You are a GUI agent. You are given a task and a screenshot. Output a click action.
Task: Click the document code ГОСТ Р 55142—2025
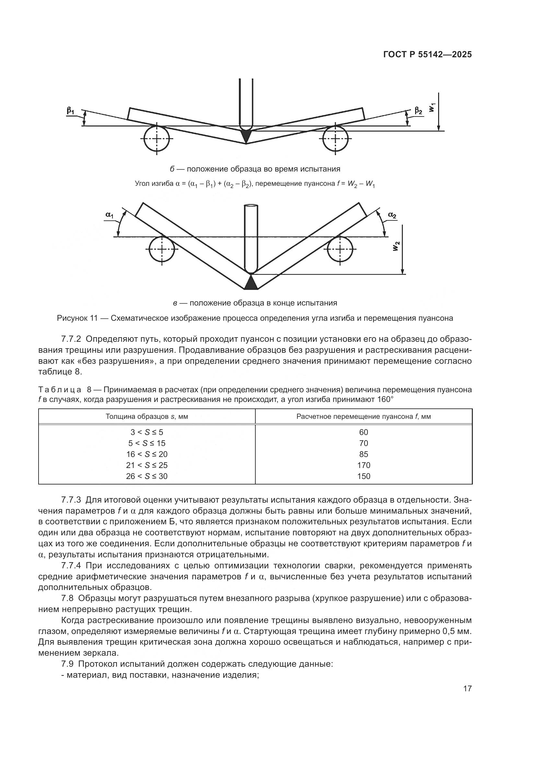427,55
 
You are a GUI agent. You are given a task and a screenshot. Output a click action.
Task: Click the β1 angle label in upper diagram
70,111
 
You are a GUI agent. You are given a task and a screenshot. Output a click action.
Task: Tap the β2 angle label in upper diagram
418,111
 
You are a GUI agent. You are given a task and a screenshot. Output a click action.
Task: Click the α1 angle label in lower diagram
109,215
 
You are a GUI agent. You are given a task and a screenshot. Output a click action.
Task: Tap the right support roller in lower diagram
340,249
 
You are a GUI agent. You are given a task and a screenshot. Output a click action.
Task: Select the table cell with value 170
364,465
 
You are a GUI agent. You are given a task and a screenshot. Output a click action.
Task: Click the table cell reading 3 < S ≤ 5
147,432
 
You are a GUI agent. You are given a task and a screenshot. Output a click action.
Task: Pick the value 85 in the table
364,454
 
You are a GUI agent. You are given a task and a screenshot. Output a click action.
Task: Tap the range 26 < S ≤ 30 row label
147,476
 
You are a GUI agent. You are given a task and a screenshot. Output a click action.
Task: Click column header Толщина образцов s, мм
147,417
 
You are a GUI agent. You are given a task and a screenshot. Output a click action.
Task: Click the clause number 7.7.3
71,500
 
